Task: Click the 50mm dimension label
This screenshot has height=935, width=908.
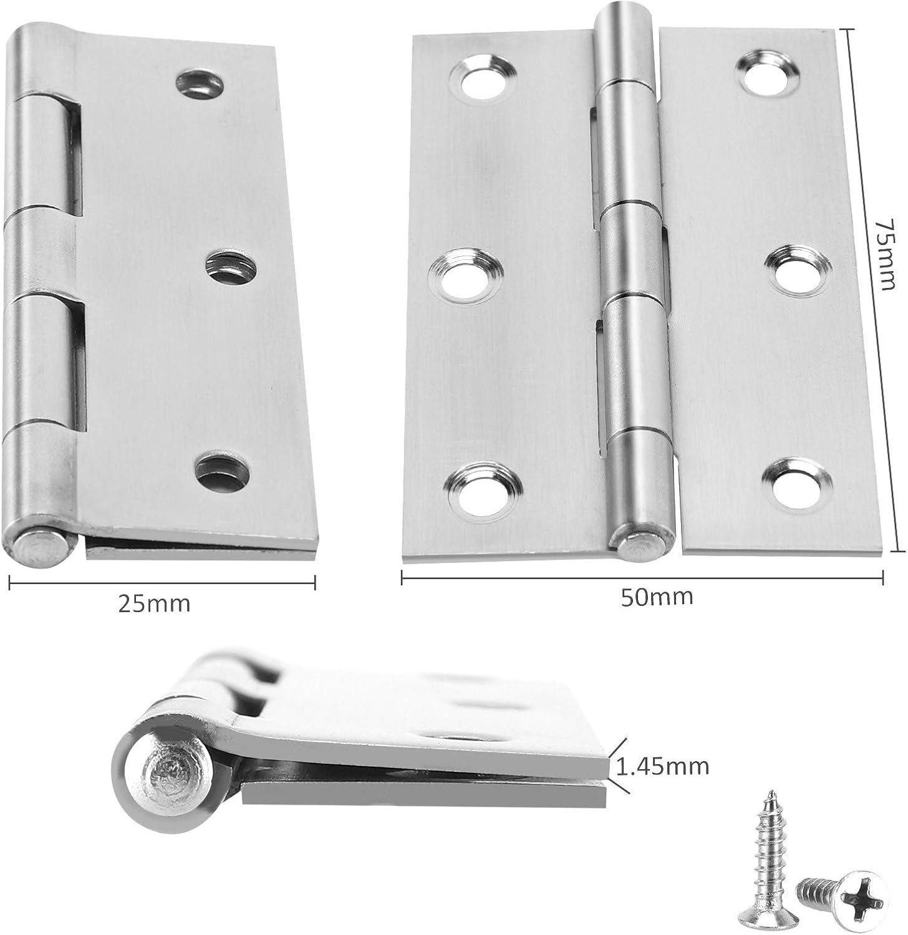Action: tap(657, 597)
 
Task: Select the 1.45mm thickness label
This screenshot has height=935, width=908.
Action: tap(662, 765)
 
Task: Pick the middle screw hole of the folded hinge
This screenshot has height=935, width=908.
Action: tap(230, 266)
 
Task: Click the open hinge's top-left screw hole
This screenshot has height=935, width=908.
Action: tap(485, 79)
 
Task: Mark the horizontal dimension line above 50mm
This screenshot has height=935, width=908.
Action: tap(642, 578)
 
